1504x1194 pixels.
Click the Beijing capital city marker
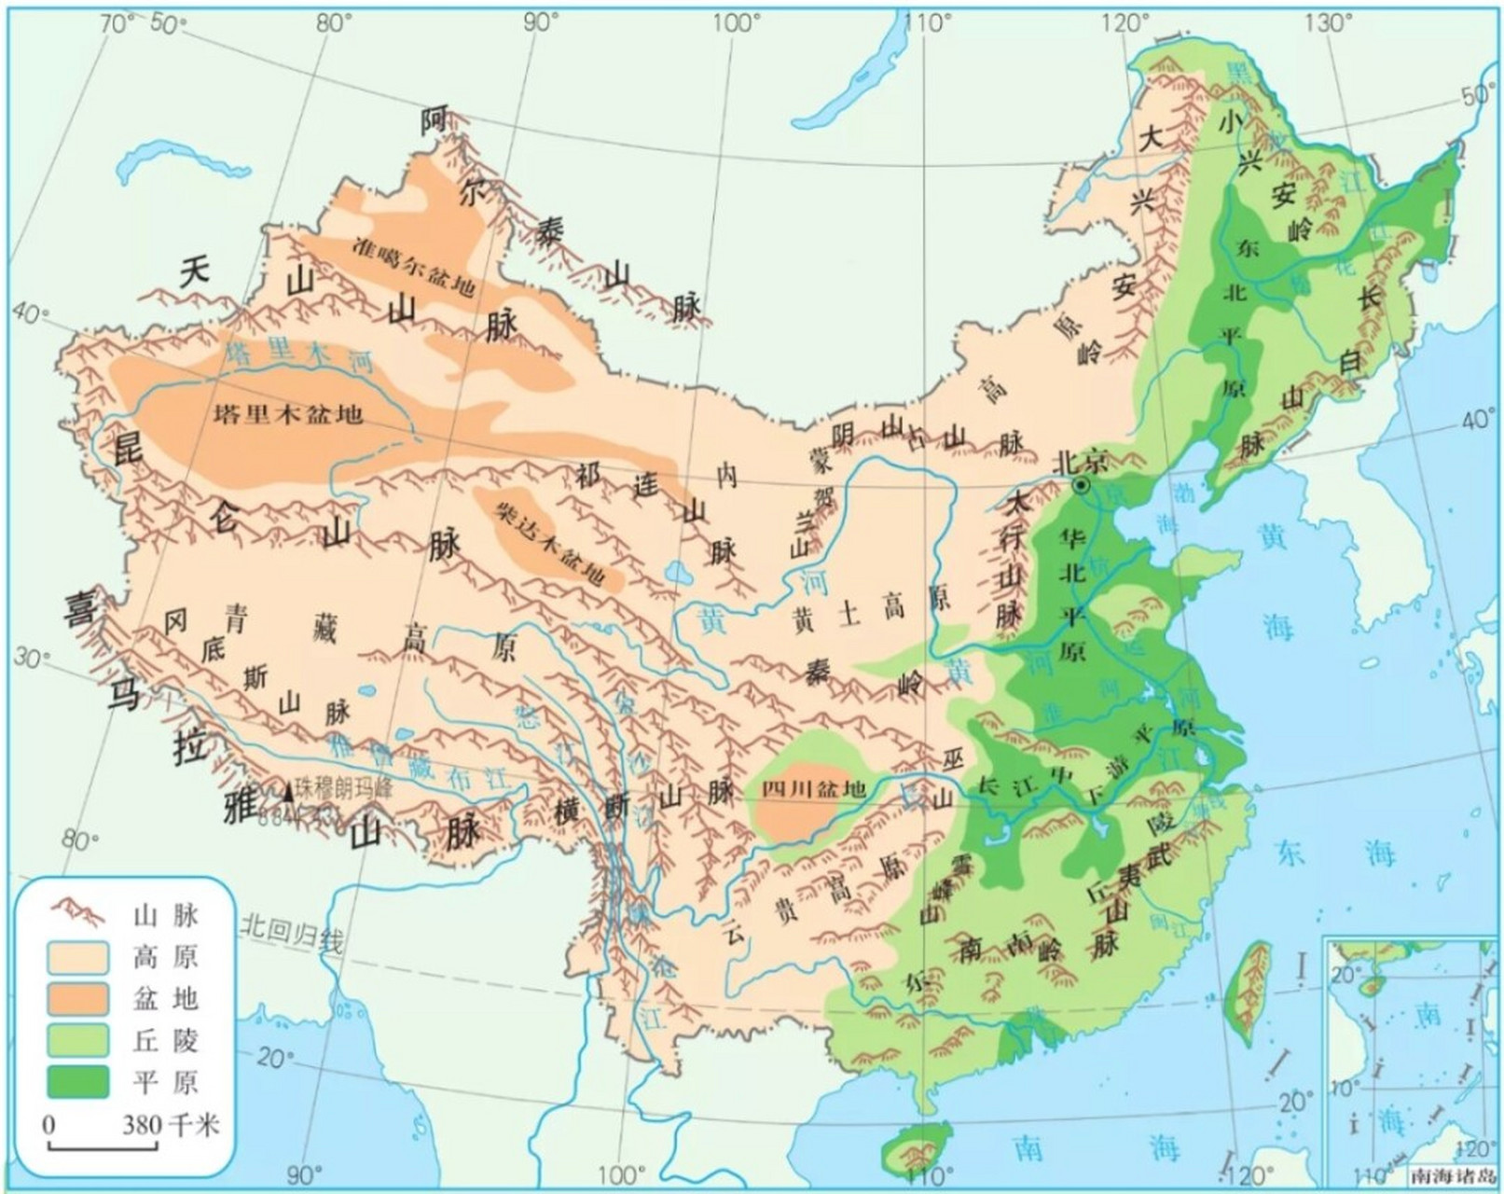1081,485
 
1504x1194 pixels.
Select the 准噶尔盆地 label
414,266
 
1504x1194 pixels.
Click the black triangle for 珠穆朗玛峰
288,793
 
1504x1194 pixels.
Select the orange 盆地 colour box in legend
79,998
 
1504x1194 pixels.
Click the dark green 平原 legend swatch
79,1081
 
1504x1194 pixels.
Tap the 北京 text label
1081,461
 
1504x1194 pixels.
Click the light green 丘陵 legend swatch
79,1039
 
